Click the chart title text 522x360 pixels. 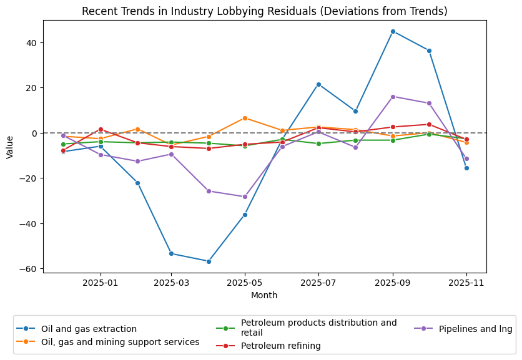265,11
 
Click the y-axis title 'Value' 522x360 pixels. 9,147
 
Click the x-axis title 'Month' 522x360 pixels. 264,295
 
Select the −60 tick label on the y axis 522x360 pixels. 29,269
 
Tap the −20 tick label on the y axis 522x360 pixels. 29,178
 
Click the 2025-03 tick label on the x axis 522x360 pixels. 171,283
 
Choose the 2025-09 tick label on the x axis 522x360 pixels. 393,283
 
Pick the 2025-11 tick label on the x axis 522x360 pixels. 466,283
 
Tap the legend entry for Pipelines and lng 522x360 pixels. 475,329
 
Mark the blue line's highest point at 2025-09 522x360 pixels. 393,31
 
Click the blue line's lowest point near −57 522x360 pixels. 209,261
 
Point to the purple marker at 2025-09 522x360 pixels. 393,97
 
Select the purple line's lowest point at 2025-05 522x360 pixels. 245,197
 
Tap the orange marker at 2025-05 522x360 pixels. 245,118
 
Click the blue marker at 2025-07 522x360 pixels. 318,84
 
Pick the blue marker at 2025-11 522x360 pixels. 466,168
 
